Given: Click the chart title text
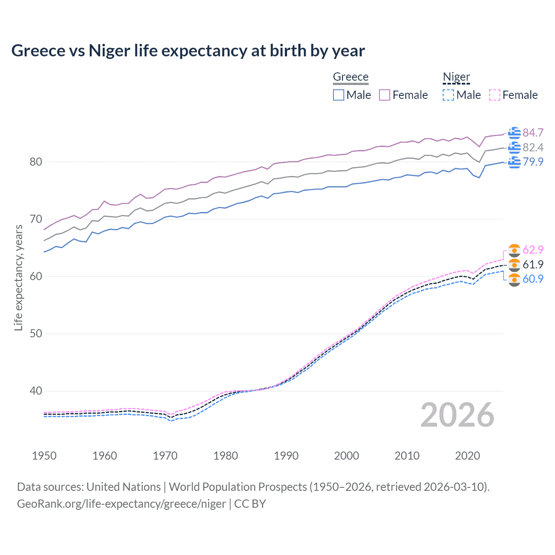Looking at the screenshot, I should click(x=188, y=51).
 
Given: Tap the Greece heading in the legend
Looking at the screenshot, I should click(x=350, y=77).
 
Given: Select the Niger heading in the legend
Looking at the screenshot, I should click(x=456, y=77).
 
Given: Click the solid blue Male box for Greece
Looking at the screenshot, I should click(x=339, y=95).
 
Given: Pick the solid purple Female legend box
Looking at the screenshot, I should click(x=385, y=95).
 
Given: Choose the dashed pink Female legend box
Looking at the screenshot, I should click(x=494, y=95).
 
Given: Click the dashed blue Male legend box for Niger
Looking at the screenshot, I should click(x=448, y=95).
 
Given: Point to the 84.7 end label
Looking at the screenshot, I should click(x=533, y=133).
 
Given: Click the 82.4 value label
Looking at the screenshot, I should click(x=533, y=147).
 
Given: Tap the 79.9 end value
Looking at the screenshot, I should click(x=533, y=162).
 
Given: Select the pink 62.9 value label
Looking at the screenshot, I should click(x=533, y=250).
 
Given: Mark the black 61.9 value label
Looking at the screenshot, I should click(x=533, y=264).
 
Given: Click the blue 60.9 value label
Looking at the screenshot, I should click(x=533, y=279).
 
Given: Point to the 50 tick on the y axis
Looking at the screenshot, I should click(x=36, y=333).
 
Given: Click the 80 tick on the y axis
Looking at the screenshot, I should click(x=36, y=162).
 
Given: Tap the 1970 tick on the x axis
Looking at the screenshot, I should click(x=165, y=456).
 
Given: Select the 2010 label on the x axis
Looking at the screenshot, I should click(x=407, y=456).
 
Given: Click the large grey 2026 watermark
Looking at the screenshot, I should click(x=457, y=415).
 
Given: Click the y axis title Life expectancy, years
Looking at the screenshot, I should click(x=18, y=277).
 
